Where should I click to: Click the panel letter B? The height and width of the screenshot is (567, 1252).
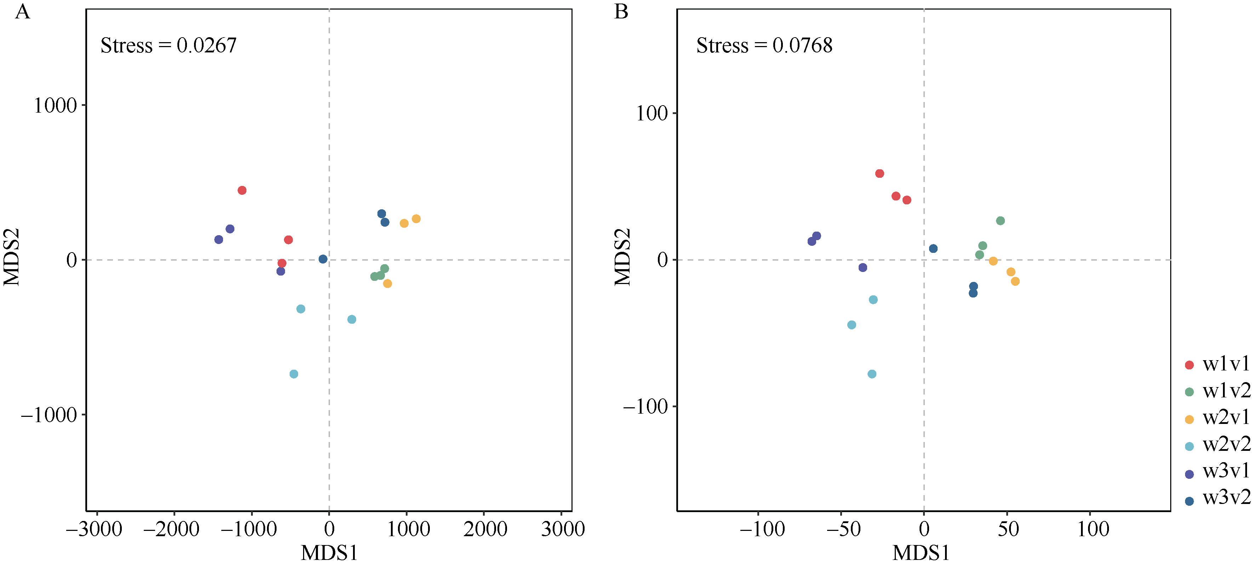point(621,12)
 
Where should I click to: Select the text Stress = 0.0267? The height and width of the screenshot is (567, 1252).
point(168,46)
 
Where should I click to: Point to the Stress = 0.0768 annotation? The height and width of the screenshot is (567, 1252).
point(764,46)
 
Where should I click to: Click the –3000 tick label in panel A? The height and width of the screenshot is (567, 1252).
point(94,529)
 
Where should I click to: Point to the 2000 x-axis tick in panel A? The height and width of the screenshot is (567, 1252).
point(485,529)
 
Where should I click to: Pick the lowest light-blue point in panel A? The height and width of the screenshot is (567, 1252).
point(294,374)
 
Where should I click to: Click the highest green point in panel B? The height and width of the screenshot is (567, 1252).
point(1000,221)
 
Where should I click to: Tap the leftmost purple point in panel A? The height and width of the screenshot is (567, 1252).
point(219,240)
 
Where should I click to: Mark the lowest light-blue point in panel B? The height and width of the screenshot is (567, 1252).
point(872,374)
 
